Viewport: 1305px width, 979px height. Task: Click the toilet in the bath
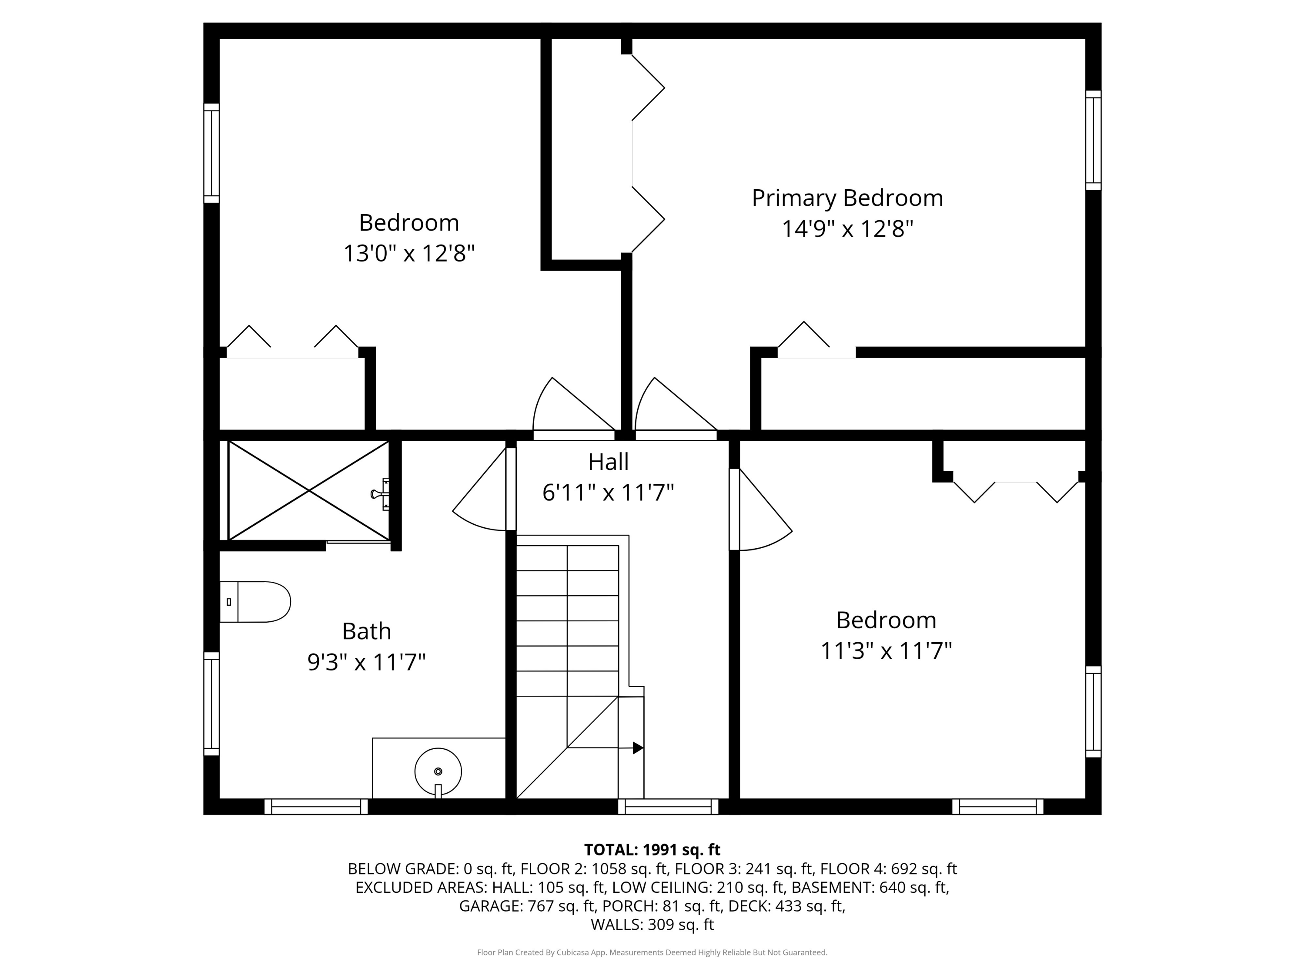point(255,602)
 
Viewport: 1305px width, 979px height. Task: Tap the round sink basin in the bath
point(438,771)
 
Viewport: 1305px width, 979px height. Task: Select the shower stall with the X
point(308,490)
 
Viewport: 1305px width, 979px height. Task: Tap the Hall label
point(608,462)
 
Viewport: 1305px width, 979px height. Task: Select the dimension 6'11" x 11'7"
point(608,492)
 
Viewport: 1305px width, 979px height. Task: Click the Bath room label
point(366,631)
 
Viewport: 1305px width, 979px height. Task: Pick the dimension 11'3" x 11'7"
point(886,651)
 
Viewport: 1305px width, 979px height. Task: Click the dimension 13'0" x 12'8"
point(409,254)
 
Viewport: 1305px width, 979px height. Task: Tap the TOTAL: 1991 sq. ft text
point(652,850)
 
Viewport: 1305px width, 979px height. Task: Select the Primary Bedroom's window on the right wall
point(1093,141)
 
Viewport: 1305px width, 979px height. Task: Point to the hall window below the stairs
point(668,806)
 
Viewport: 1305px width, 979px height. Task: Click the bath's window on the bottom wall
point(316,806)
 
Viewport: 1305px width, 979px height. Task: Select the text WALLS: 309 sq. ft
point(652,925)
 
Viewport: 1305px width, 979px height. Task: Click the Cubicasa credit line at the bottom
point(652,952)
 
